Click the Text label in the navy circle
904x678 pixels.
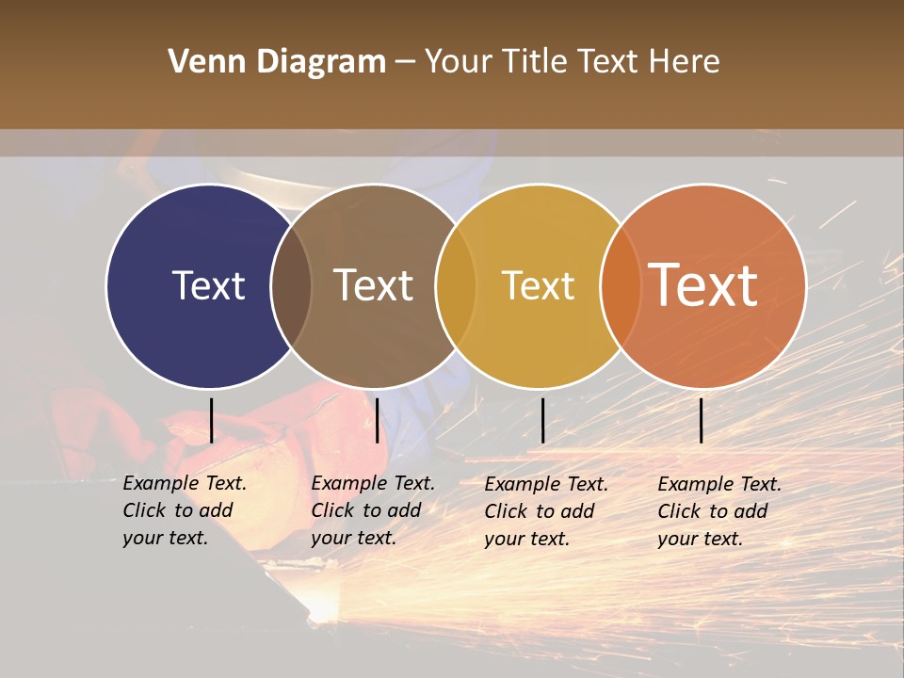[x=208, y=285]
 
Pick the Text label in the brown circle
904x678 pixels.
[x=373, y=285]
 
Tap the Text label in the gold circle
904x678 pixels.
[x=538, y=285]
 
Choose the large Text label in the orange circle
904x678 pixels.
[x=703, y=285]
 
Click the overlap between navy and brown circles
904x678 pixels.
[x=291, y=285]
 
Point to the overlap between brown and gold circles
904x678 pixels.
[x=456, y=285]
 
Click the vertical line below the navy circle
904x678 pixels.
[x=211, y=420]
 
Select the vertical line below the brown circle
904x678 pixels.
[x=377, y=420]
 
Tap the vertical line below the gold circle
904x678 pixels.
[x=542, y=420]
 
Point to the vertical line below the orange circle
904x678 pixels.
[x=701, y=420]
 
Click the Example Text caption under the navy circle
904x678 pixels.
[x=184, y=510]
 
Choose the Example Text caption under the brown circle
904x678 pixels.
[x=372, y=510]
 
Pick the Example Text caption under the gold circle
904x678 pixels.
[x=545, y=511]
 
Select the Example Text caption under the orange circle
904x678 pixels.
[x=718, y=511]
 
